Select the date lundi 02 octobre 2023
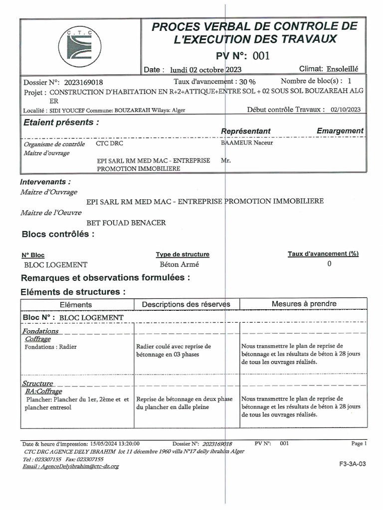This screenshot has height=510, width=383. [x=205, y=70]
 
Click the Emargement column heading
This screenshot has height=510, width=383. [x=340, y=130]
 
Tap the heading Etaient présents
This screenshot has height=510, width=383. [x=61, y=122]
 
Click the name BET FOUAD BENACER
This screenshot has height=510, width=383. [x=126, y=223]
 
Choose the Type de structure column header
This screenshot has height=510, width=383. [x=183, y=255]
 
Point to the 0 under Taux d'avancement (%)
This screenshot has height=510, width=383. [x=329, y=264]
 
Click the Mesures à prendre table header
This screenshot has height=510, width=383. [x=304, y=304]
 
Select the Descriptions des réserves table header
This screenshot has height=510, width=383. [x=186, y=304]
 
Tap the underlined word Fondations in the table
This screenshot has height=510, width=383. [x=40, y=331]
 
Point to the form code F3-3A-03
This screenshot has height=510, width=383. [x=352, y=464]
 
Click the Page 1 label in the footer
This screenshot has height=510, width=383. [x=359, y=443]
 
